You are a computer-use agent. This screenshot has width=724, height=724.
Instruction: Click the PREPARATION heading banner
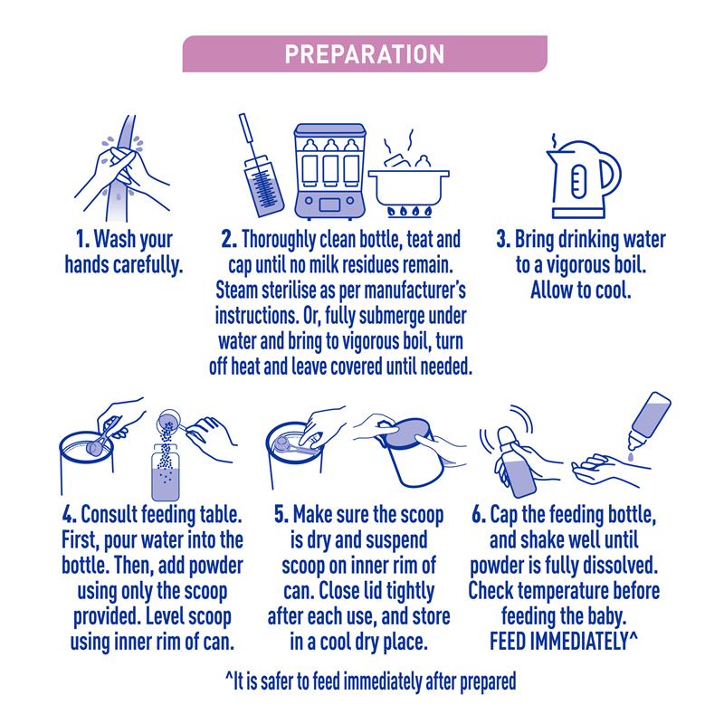(x=365, y=53)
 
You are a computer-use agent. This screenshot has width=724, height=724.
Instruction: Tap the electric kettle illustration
(x=584, y=179)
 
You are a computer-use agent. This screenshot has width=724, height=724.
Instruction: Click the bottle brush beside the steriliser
(x=260, y=167)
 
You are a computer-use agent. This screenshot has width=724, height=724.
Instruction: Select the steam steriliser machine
(x=329, y=171)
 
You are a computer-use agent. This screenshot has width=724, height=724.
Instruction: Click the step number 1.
(x=82, y=240)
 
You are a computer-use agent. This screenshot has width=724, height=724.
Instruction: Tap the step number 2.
(x=229, y=240)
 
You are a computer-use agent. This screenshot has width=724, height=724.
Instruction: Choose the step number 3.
(x=503, y=240)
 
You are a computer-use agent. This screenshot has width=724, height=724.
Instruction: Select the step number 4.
(x=70, y=514)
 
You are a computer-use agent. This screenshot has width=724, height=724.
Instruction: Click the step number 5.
(x=281, y=514)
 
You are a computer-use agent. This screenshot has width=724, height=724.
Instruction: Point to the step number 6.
(x=479, y=514)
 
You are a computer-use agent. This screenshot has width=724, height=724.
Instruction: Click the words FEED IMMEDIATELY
(x=558, y=642)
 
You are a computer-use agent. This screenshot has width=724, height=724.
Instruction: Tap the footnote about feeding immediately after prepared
(x=371, y=682)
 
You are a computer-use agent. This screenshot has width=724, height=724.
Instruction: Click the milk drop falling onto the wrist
(x=631, y=456)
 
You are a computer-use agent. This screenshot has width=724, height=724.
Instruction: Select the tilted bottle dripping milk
(x=648, y=420)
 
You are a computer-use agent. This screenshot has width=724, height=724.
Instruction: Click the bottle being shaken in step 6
(x=516, y=461)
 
